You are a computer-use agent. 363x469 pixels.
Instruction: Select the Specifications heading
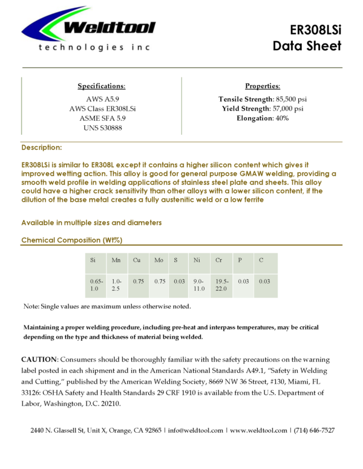pyautogui.click(x=102, y=86)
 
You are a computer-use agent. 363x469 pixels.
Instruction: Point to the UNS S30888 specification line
pyautogui.click(x=102, y=128)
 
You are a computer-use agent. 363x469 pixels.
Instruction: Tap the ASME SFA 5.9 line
pyautogui.click(x=102, y=118)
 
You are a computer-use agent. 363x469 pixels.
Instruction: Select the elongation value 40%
pyautogui.click(x=282, y=118)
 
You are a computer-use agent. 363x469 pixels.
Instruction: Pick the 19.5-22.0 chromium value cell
pyautogui.click(x=221, y=285)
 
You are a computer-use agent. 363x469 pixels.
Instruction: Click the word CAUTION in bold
pyautogui.click(x=39, y=360)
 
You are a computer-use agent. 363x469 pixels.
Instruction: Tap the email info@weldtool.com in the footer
pyautogui.click(x=196, y=430)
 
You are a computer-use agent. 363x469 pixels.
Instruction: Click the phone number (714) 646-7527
pyautogui.click(x=314, y=430)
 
